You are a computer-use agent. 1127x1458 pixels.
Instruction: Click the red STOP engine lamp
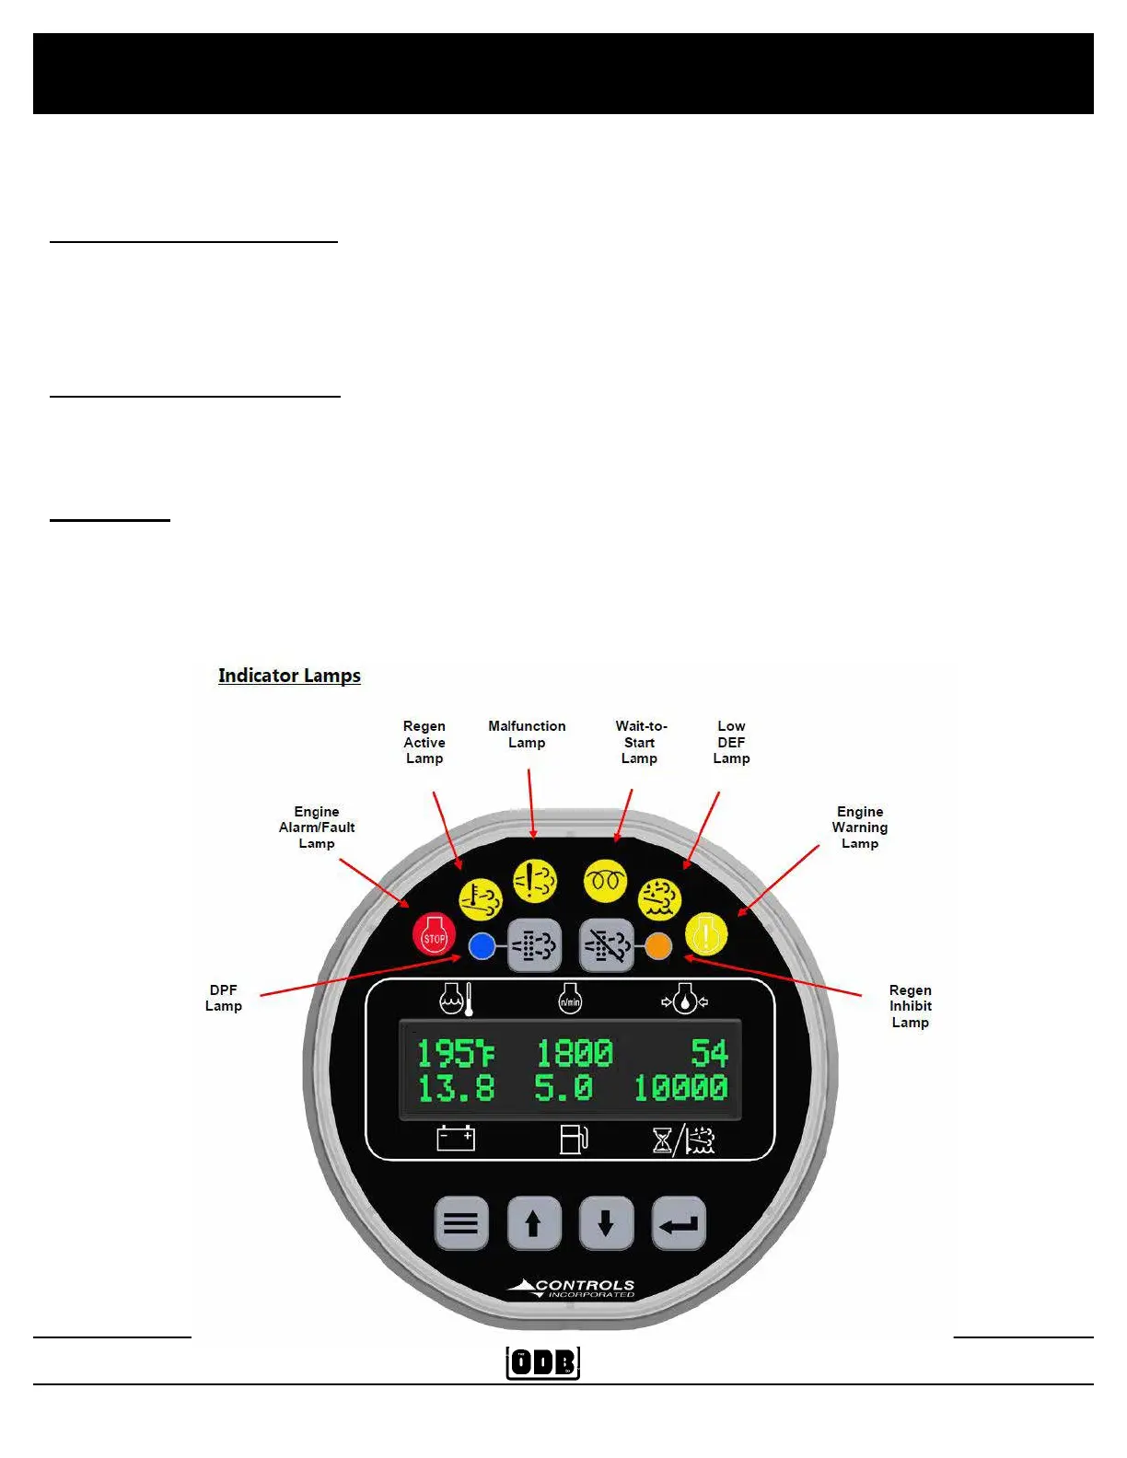coord(434,936)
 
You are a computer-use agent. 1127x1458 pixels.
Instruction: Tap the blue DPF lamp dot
coord(482,945)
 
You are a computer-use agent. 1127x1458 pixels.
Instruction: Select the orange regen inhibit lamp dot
coord(657,945)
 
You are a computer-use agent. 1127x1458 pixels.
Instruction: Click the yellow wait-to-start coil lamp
coord(605,881)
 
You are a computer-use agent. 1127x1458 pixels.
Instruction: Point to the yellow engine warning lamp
coord(706,934)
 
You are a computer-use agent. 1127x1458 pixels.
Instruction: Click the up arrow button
coord(533,1223)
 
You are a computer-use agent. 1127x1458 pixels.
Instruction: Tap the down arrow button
coord(606,1223)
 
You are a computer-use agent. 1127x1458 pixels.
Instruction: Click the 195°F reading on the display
coord(455,1053)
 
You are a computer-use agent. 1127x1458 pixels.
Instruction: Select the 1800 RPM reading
coord(574,1053)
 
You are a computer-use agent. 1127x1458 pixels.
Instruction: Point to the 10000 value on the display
coord(680,1088)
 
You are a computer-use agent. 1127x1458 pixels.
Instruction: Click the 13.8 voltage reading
coord(455,1088)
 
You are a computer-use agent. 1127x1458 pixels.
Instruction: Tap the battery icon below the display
coord(455,1139)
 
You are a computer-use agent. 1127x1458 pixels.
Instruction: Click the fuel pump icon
coord(574,1139)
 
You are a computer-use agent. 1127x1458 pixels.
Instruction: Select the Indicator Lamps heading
coord(289,676)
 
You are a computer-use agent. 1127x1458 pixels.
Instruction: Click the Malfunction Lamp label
coord(527,735)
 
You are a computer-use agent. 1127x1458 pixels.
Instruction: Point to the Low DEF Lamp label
coord(731,742)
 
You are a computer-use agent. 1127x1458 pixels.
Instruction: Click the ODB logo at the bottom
coord(543,1362)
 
